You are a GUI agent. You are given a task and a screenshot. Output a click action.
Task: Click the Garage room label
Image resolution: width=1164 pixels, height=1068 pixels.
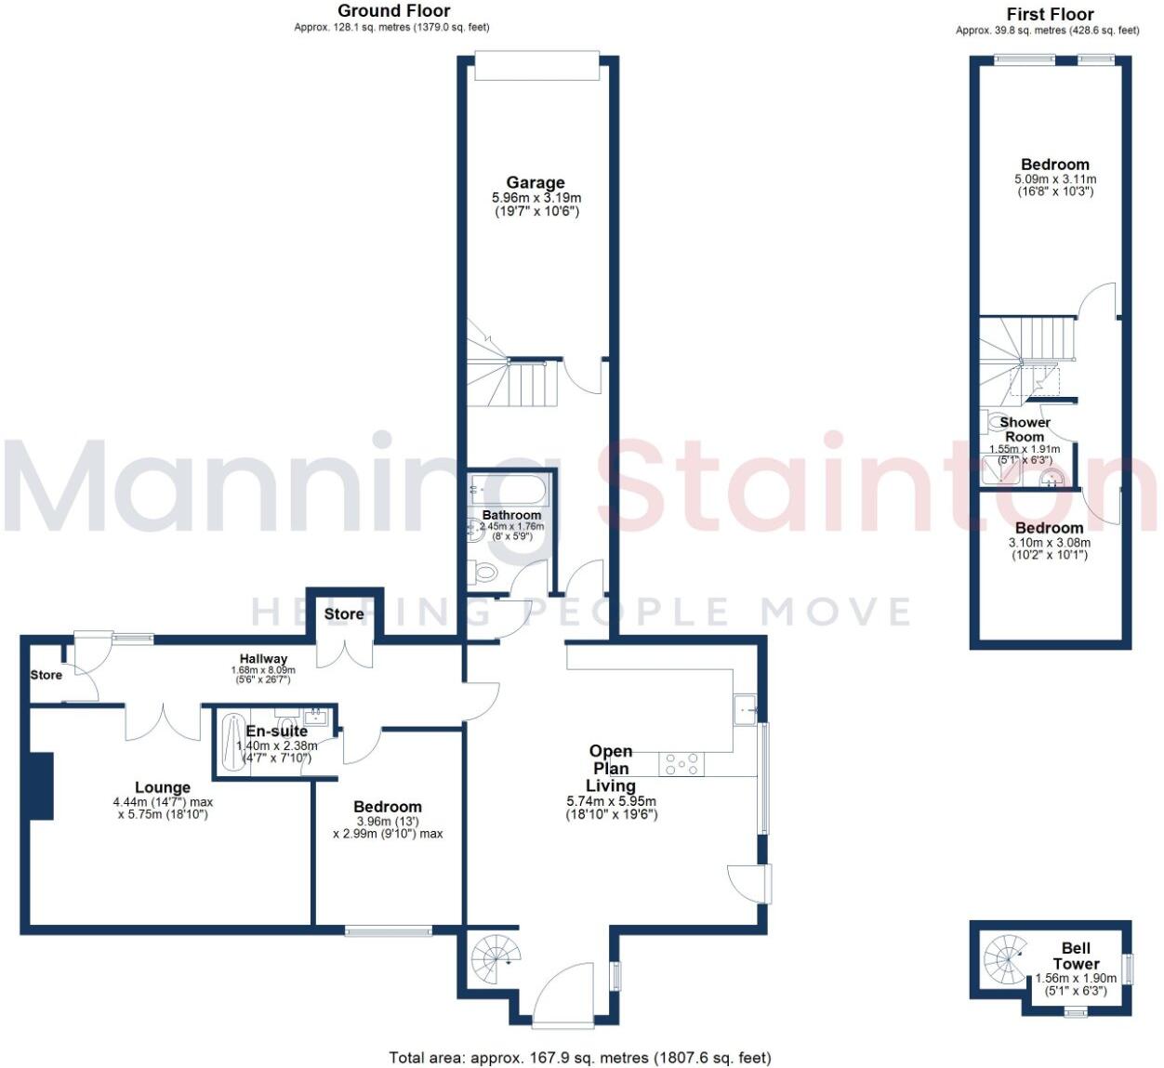535,183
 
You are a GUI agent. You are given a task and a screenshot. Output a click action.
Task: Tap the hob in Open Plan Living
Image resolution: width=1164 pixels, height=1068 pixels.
681,764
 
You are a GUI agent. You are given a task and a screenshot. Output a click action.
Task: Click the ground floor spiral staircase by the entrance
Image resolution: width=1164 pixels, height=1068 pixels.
492,956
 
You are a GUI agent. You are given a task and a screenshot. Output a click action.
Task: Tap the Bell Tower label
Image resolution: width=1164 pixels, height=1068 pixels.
1076,956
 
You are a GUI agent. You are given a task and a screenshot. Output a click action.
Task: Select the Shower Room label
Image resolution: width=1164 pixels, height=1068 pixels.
1025,429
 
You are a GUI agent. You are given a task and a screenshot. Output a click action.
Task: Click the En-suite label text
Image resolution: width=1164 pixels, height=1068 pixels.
276,732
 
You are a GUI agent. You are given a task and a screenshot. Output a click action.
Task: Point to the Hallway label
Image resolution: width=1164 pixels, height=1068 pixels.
263,658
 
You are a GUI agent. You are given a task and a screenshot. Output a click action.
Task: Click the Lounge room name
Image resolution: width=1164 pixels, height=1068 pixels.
163,787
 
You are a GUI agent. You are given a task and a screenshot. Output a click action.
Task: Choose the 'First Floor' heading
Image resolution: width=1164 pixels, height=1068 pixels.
1050,14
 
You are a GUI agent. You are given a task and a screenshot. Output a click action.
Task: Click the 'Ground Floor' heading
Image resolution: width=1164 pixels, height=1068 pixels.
393,11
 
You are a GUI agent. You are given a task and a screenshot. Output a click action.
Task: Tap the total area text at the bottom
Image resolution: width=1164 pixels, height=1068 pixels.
579,1057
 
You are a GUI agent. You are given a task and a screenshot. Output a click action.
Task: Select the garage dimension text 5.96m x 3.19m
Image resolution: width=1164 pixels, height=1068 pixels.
536,198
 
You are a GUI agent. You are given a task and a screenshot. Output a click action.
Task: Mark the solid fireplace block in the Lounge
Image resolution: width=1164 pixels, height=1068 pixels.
40,786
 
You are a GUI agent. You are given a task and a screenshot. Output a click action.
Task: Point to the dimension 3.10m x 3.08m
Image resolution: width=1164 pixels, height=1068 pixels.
1049,543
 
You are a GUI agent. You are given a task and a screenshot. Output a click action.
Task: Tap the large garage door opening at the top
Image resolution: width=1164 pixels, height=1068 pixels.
536,68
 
